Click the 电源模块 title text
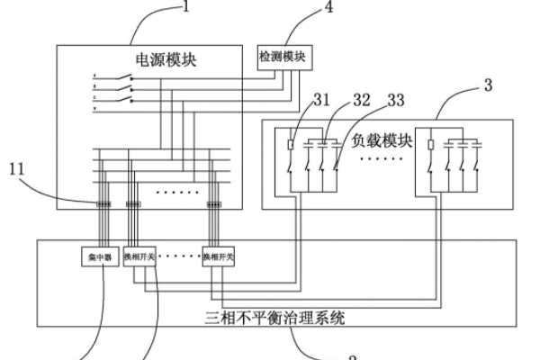[165, 59]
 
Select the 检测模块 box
[283, 56]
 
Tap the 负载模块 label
[382, 141]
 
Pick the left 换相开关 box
[139, 256]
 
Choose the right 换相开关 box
[219, 256]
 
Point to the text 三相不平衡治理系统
[274, 317]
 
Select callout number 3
[487, 86]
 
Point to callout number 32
[362, 100]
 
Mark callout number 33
[395, 100]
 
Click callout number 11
[17, 167]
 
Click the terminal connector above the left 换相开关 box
[132, 204]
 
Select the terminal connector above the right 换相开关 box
[214, 204]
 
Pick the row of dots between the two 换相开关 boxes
[180, 256]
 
